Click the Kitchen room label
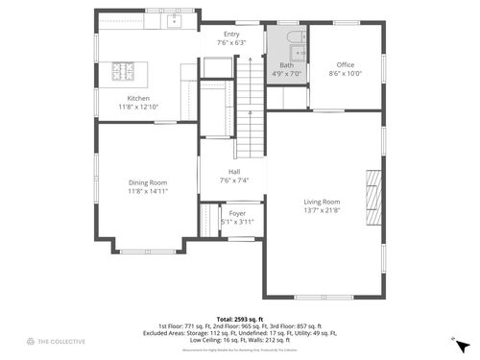[x=139, y=98]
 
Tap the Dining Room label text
[x=148, y=182]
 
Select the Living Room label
[x=322, y=202]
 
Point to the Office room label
[x=346, y=65]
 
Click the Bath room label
[x=286, y=65]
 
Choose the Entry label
[x=231, y=35]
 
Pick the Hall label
[x=234, y=172]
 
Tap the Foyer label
[x=237, y=213]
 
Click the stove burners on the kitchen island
[x=125, y=70]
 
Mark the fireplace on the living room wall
[x=373, y=197]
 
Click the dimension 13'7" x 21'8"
[x=322, y=210]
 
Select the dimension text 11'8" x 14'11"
[x=148, y=191]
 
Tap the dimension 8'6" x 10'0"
[x=346, y=73]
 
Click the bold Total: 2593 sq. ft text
[x=239, y=319]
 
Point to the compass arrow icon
[x=462, y=343]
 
